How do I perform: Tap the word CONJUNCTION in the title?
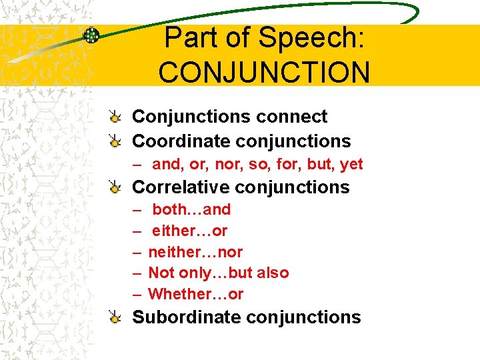point(264,72)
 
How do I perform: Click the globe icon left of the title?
point(91,35)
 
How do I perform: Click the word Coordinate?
point(172,141)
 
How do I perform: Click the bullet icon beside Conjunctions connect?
point(115,117)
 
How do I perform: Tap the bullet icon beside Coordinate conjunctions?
point(115,141)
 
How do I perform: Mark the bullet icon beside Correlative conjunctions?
point(115,187)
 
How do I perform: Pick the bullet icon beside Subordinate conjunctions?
point(115,317)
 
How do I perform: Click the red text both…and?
point(191,209)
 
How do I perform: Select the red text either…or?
point(189,231)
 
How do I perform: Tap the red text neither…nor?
point(195,252)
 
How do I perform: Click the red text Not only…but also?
point(219,273)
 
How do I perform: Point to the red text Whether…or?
point(196,294)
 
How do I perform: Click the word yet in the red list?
point(351,163)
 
